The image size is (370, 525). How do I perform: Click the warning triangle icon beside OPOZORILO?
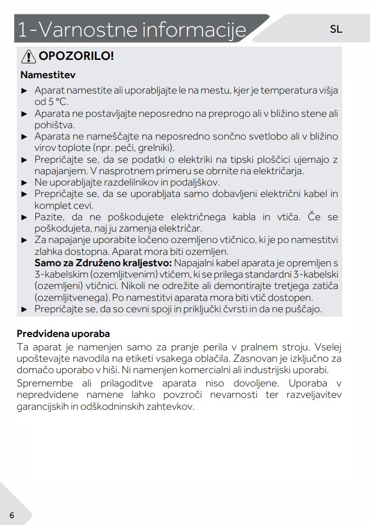pos(28,56)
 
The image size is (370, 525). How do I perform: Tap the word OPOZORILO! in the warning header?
pos(77,56)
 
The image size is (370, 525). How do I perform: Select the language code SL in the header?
pos(336,29)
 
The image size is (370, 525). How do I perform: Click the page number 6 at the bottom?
pos(11,515)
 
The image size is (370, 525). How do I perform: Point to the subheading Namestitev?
pos(47,75)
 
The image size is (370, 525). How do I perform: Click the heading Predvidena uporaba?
pos(63,334)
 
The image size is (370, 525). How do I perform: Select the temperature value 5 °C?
pos(58,102)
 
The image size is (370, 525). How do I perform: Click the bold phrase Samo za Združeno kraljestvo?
pos(103,262)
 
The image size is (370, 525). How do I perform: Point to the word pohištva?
pos(54,125)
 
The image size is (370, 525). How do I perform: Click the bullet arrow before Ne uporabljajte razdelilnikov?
pos(24,183)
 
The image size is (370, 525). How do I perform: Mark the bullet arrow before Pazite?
pos(24,217)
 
